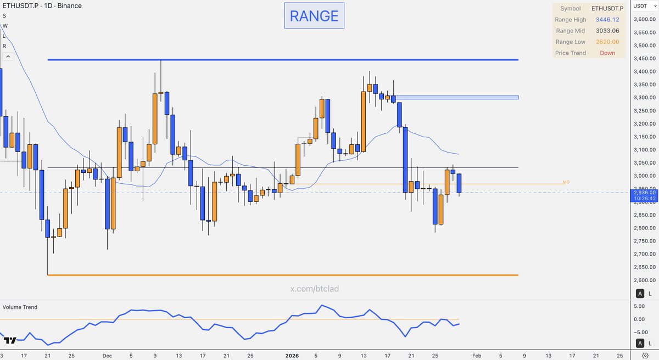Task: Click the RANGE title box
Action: tap(314, 16)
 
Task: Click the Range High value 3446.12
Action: tap(607, 20)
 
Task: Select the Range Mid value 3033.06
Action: tap(607, 31)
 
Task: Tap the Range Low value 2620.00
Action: tap(607, 42)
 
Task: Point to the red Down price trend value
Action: tap(607, 53)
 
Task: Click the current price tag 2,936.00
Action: tap(644, 193)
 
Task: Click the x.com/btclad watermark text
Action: tap(314, 289)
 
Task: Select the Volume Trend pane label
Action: tap(20, 307)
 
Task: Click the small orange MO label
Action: tap(566, 182)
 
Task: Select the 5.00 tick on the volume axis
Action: tap(640, 306)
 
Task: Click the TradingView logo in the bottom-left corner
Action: tap(9, 341)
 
